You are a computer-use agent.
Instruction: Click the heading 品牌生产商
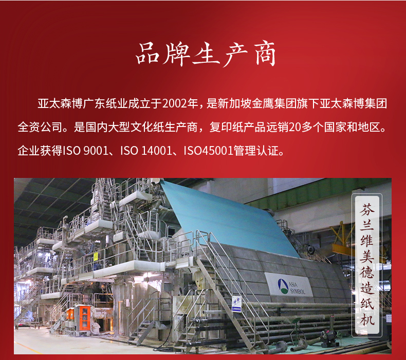click(206, 54)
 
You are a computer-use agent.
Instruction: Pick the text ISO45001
click(209, 151)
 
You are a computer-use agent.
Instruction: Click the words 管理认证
click(256, 151)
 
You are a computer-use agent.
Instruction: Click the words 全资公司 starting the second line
click(40, 127)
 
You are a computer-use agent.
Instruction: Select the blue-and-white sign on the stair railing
click(236, 304)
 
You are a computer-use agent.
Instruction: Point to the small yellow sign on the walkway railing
click(96, 257)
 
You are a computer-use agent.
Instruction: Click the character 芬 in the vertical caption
click(367, 209)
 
